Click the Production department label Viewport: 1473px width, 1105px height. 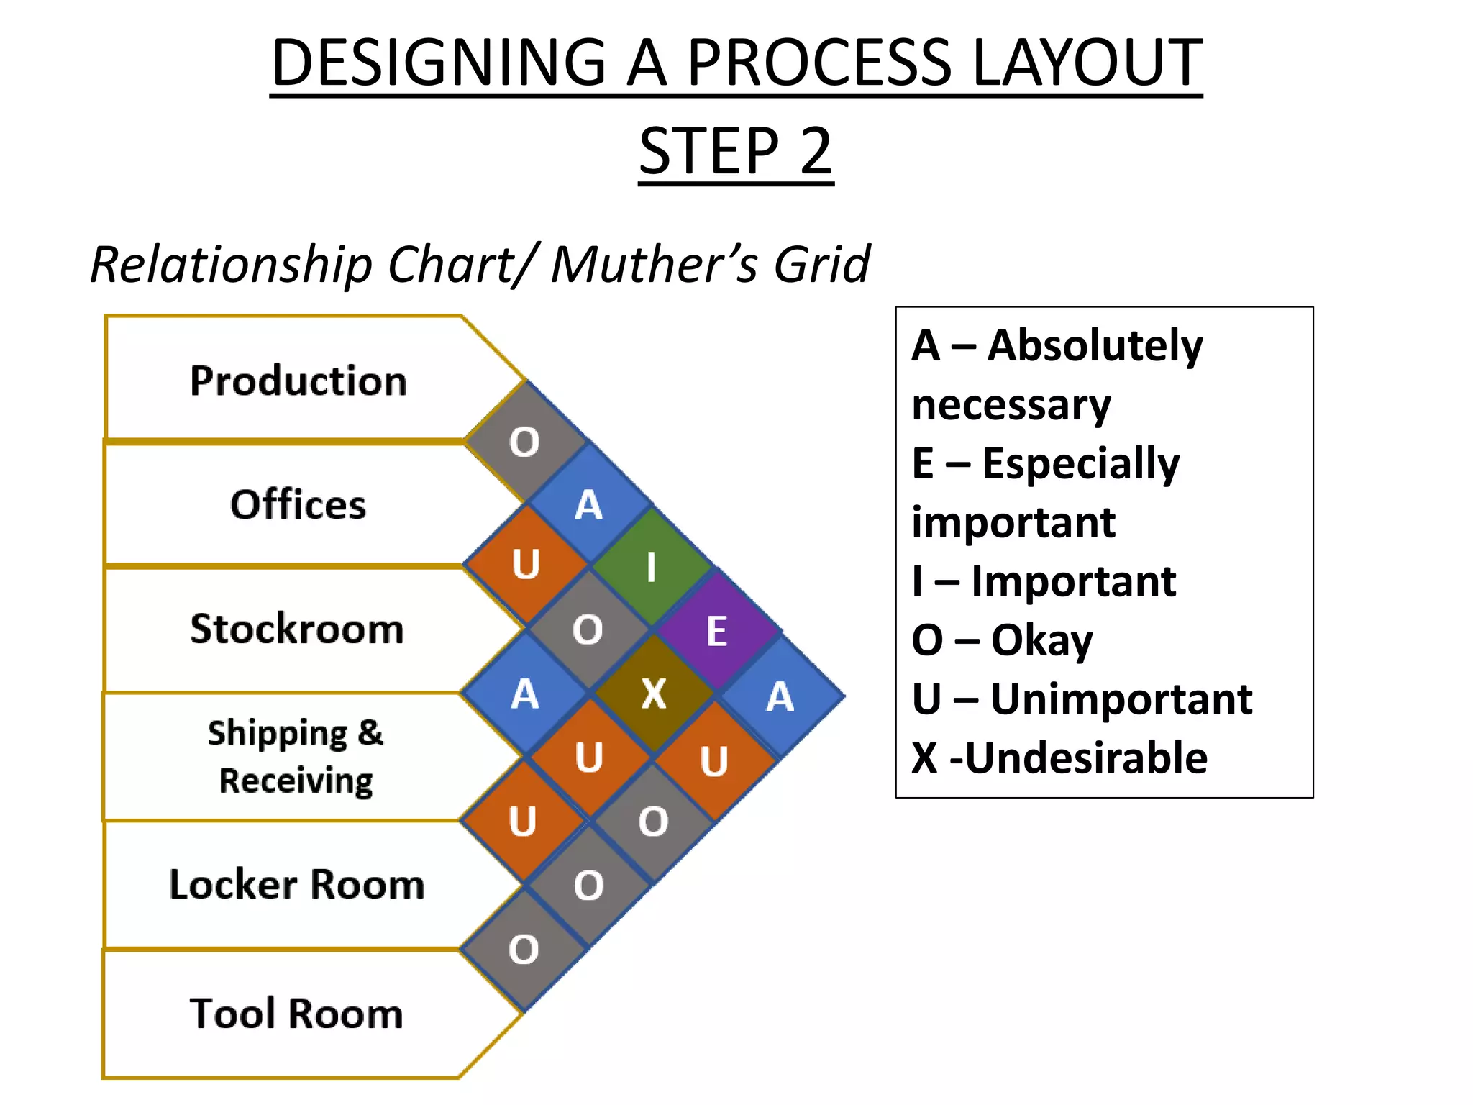tap(298, 381)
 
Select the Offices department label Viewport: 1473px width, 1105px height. tap(298, 504)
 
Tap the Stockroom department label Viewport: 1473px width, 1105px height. tap(297, 629)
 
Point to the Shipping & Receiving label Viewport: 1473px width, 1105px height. tap(296, 756)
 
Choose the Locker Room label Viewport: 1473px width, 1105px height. tap(296, 884)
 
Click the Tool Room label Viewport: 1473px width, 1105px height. tap(296, 1013)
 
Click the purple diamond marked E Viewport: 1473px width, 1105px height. tap(717, 632)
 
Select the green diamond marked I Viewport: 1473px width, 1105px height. tap(652, 567)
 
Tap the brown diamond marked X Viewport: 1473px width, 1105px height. tap(654, 694)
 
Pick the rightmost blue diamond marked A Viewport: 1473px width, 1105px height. tap(780, 696)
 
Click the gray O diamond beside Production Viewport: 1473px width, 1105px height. tap(524, 441)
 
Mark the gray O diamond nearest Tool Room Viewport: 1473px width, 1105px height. tap(524, 949)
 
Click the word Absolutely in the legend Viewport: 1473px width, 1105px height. tap(1094, 345)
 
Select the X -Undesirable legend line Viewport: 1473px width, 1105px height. tap(1059, 758)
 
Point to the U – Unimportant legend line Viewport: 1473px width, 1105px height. tap(1081, 699)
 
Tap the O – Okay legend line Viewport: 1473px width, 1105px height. tap(1002, 640)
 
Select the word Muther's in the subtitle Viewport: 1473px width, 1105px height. tap(654, 264)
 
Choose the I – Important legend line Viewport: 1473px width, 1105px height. tap(1043, 581)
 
